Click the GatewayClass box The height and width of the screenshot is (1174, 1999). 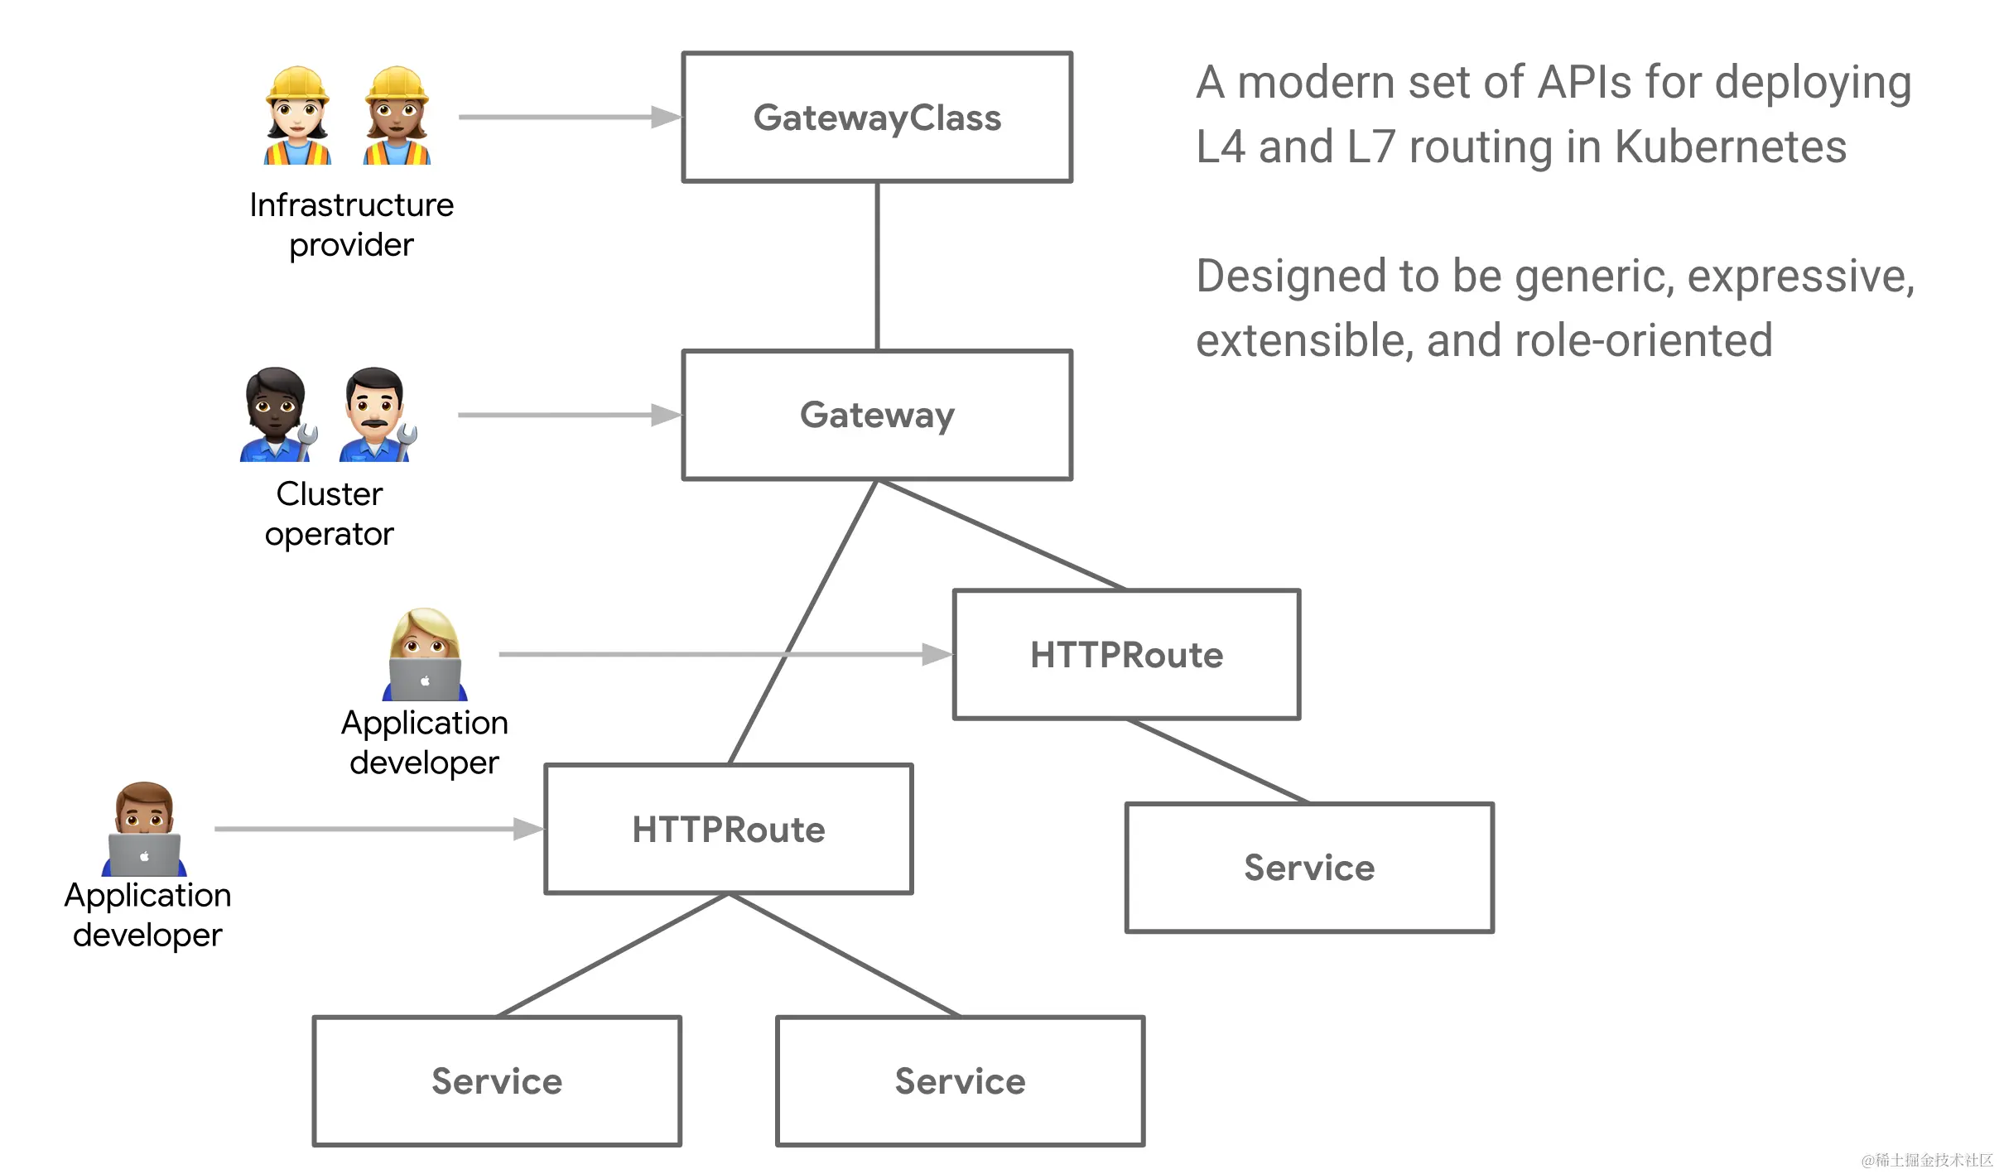click(876, 118)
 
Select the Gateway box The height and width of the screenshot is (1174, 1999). click(876, 415)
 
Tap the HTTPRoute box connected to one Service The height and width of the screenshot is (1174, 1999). click(1126, 654)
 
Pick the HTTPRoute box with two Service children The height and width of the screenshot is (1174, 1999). click(728, 829)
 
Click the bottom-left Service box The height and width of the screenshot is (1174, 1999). click(497, 1080)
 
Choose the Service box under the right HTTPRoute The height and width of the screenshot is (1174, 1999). click(1308, 867)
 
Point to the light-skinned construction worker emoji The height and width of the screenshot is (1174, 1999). click(298, 116)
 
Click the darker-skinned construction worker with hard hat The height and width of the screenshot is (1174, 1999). click(397, 116)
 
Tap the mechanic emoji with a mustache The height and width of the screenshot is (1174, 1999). click(377, 415)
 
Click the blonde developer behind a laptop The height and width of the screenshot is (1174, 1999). click(425, 654)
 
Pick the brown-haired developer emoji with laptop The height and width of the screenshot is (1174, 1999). click(144, 829)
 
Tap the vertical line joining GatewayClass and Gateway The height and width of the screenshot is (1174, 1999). click(877, 265)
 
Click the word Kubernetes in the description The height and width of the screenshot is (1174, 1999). click(1731, 147)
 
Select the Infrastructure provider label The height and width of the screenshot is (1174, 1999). click(351, 224)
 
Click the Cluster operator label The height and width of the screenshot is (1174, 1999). click(329, 513)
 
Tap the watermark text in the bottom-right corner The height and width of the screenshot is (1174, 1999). click(1927, 1160)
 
